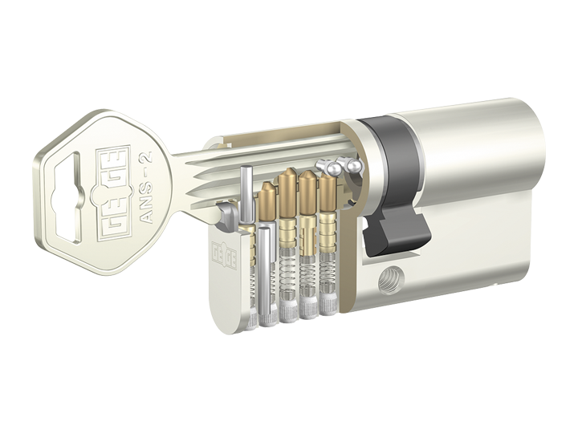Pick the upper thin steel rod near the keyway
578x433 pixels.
click(246, 195)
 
